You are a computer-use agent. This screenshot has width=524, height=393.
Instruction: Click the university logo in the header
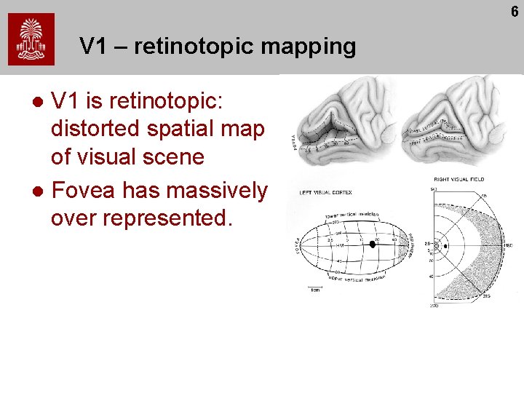click(x=31, y=41)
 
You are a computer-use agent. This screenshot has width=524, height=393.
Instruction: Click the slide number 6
click(x=515, y=12)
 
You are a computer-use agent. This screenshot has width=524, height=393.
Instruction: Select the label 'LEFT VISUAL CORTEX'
click(x=327, y=193)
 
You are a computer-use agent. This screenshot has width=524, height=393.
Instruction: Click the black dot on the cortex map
click(x=372, y=245)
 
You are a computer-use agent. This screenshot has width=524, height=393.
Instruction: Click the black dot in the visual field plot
click(x=445, y=246)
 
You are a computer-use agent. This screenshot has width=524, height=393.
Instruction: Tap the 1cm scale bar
click(x=315, y=289)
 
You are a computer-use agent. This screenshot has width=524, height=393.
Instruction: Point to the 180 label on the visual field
click(x=509, y=246)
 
